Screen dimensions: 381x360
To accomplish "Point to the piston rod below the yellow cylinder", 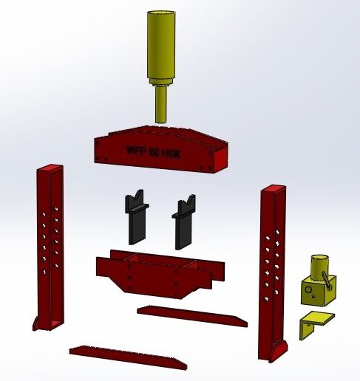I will (161, 103).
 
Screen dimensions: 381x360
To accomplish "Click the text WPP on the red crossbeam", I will (136, 151).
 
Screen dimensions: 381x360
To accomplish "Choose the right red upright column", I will (274, 273).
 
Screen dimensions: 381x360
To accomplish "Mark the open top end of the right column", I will (272, 190).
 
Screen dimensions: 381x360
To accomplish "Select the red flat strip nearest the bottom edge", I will (127, 356).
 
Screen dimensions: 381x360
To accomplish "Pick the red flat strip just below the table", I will (192, 315).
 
